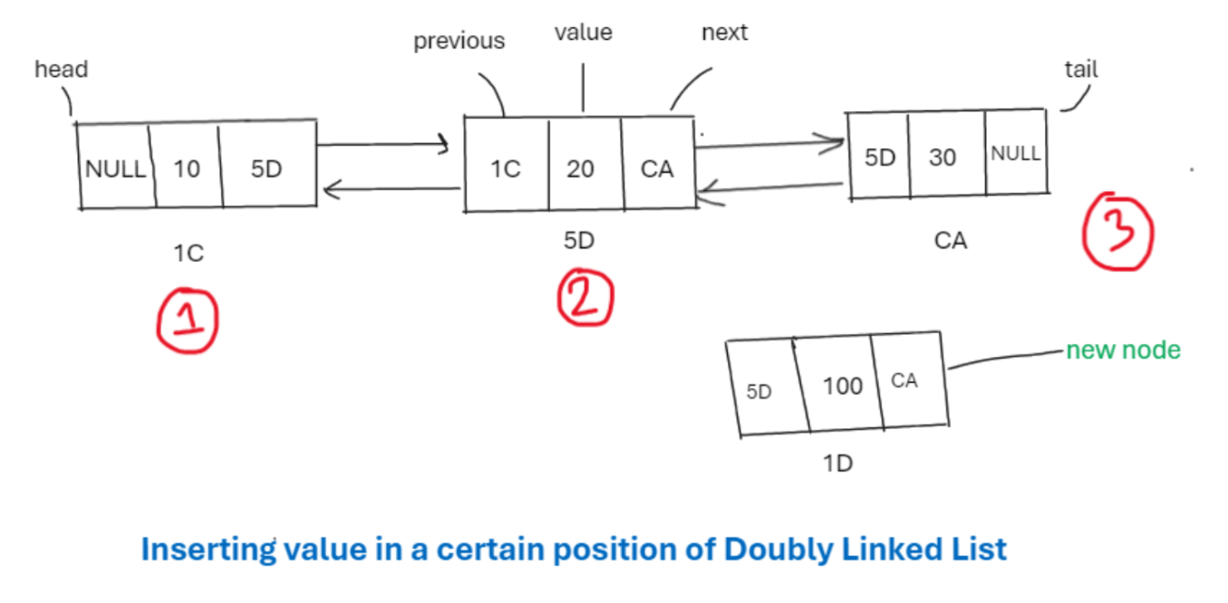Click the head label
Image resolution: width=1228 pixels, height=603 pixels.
tap(61, 69)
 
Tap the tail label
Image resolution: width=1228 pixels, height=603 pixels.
tap(1080, 70)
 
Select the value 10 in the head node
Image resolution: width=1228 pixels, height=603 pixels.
tap(187, 168)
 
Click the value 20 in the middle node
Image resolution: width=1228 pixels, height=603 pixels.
tap(580, 169)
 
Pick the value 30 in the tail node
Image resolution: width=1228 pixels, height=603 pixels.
tap(943, 158)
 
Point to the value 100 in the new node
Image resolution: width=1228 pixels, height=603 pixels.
tap(842, 387)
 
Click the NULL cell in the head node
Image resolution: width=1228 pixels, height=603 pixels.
tap(115, 169)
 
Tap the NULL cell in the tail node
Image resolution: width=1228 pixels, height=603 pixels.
tap(1015, 154)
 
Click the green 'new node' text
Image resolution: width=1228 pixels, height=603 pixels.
tap(1123, 350)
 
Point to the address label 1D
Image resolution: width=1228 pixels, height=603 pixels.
tap(838, 464)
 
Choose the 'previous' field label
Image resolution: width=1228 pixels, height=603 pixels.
tap(459, 42)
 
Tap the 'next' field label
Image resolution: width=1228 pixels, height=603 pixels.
tap(724, 33)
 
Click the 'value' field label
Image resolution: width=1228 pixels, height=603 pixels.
tap(583, 33)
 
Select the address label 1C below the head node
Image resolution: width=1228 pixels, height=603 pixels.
tap(189, 254)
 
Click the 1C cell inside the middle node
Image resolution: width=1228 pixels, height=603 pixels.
tap(506, 169)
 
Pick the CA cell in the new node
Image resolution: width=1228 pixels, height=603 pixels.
tap(904, 381)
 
